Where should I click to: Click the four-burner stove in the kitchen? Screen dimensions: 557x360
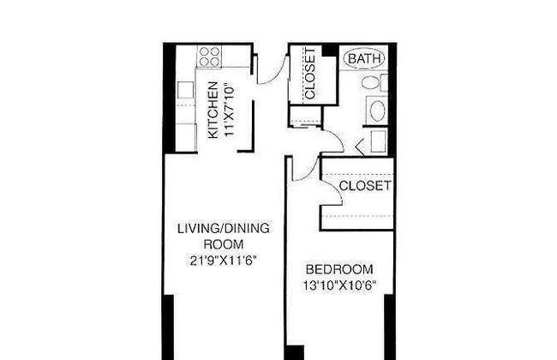tap(209, 57)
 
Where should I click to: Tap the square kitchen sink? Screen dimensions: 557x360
tap(185, 90)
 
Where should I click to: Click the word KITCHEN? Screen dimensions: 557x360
tap(213, 110)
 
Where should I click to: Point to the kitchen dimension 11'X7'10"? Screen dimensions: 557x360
tap(230, 111)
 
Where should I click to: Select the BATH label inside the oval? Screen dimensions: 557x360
tap(364, 58)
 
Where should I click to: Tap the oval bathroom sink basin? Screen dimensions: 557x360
tap(377, 111)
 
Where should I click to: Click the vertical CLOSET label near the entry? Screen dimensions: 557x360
tap(309, 74)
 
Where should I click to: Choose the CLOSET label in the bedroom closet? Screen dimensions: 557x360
tap(365, 185)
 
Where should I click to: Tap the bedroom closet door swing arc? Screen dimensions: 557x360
tap(336, 189)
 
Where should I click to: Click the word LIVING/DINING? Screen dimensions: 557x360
tap(224, 229)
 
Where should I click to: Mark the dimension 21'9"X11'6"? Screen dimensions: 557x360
tap(223, 261)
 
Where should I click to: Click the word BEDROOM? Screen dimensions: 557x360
tap(339, 269)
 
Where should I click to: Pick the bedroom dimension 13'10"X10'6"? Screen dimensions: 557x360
tap(339, 285)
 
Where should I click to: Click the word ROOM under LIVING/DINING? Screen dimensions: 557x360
tap(223, 244)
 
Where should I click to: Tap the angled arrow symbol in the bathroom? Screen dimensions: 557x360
tap(360, 147)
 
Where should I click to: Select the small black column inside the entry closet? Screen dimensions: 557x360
tap(329, 50)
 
